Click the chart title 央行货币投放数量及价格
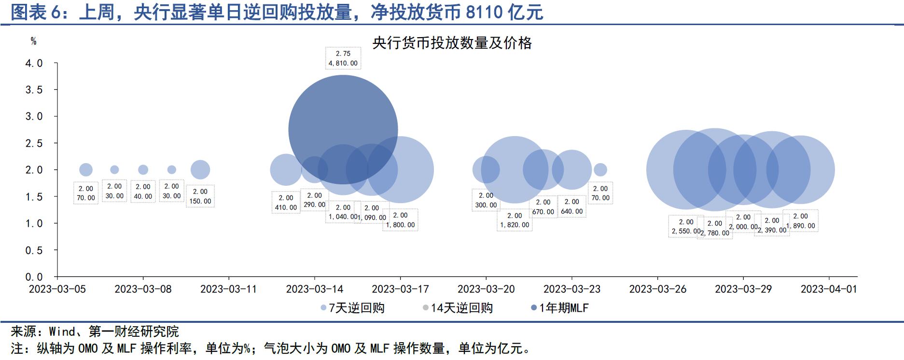point(452,43)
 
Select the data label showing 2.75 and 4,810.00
point(343,58)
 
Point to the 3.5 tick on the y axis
point(34,90)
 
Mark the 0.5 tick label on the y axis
point(34,250)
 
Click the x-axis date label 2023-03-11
point(228,289)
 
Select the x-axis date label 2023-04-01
point(829,289)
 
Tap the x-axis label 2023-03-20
point(486,289)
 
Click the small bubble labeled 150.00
point(200,169)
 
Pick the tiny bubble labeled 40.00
point(143,170)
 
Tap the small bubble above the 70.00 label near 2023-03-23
point(600,169)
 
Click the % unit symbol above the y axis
point(33,42)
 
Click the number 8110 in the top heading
point(485,12)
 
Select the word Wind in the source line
point(62,332)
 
